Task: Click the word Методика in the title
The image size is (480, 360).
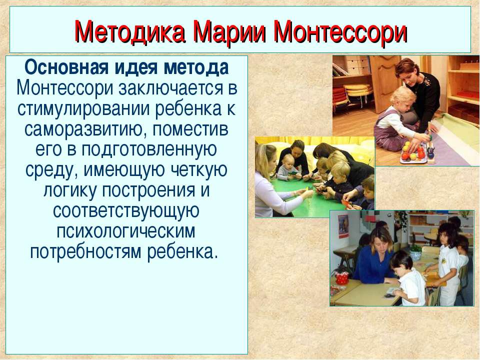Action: pyautogui.click(x=130, y=32)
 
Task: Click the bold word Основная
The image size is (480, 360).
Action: pyautogui.click(x=66, y=67)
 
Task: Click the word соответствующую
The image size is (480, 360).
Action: pyautogui.click(x=126, y=211)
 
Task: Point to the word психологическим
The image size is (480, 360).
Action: pyautogui.click(x=125, y=231)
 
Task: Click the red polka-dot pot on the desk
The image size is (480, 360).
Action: pyautogui.click(x=341, y=277)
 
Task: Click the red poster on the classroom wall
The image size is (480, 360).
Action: pyautogui.click(x=343, y=226)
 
